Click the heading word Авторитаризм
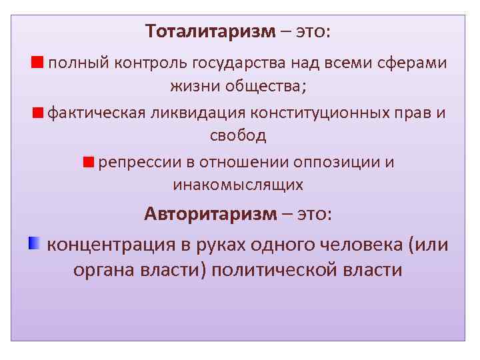tap(209, 214)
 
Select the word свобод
tap(238, 136)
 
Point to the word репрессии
tap(133, 162)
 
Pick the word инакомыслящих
tap(238, 185)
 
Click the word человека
tap(347, 245)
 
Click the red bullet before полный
tap(37, 63)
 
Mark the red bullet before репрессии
tap(89, 162)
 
